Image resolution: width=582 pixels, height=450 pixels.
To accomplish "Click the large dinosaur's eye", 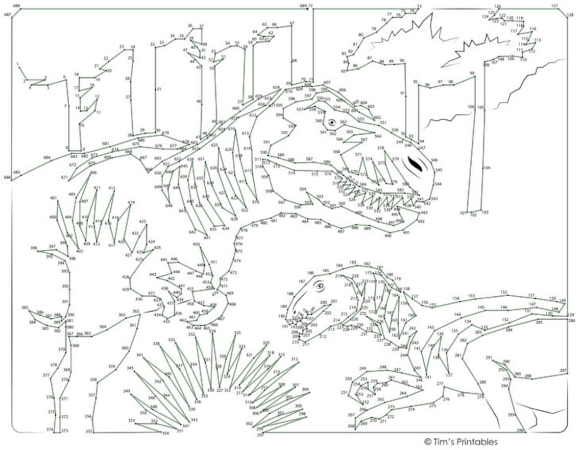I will click(x=332, y=123).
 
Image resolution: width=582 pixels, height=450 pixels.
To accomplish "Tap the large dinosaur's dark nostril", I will click(x=415, y=164).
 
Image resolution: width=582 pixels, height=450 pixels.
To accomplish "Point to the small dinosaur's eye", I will click(x=320, y=286).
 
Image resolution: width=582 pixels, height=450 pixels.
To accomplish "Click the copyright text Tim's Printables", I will click(x=460, y=442).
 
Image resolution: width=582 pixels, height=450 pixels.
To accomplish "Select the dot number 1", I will click(x=18, y=65).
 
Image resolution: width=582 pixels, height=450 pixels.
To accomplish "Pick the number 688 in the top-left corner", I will click(x=16, y=6).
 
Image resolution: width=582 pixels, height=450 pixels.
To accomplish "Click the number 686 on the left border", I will click(x=7, y=178).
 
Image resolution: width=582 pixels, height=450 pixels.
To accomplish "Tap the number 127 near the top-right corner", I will click(x=554, y=6).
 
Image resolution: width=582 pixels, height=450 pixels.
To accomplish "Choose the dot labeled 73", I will click(x=419, y=7).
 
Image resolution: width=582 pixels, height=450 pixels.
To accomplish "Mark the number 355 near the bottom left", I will click(x=89, y=432).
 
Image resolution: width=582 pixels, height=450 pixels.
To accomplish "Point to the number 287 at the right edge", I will click(x=563, y=370).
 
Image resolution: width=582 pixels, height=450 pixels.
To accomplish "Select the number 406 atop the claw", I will click(x=93, y=173).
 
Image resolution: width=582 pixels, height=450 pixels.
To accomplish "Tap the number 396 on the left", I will click(x=34, y=248).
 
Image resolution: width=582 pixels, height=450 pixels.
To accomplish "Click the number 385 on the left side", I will click(x=25, y=307).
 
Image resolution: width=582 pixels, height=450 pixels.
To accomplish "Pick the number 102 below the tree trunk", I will click(x=473, y=215).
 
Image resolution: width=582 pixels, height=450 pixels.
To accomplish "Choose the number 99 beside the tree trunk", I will click(x=472, y=73).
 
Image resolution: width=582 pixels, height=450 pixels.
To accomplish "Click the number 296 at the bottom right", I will click(x=520, y=430).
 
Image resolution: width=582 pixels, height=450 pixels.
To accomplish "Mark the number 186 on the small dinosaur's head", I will click(x=310, y=273).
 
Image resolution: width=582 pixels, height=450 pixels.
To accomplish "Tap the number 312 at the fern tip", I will click(x=295, y=359).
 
